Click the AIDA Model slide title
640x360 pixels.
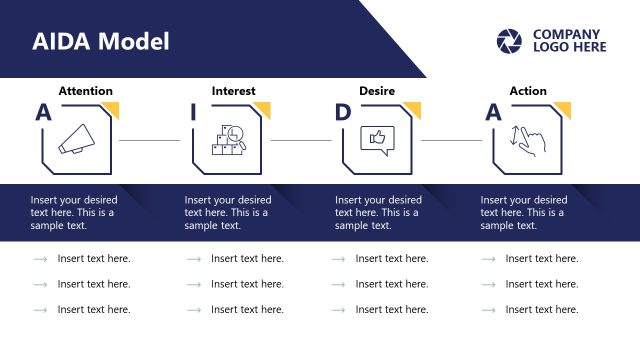coord(101,41)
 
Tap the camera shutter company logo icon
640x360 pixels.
coord(509,41)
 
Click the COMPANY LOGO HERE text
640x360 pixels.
coord(569,41)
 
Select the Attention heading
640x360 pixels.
coord(85,91)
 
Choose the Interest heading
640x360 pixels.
coord(233,91)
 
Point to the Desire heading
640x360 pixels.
coord(377,91)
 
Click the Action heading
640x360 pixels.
coord(528,91)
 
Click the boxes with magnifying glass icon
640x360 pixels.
coord(227,140)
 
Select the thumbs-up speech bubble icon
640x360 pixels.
coord(377,140)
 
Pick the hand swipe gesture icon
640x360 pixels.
coord(527,140)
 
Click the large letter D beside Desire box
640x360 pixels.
coord(343,112)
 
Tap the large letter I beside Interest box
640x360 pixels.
coord(193,112)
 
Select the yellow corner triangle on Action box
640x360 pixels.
coord(564,108)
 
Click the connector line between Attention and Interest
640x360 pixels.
coord(150,140)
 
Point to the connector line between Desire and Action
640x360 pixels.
coord(451,140)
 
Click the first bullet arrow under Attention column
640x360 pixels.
coord(40,259)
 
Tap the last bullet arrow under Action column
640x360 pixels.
coord(489,310)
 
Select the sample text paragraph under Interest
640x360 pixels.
coord(228,213)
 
